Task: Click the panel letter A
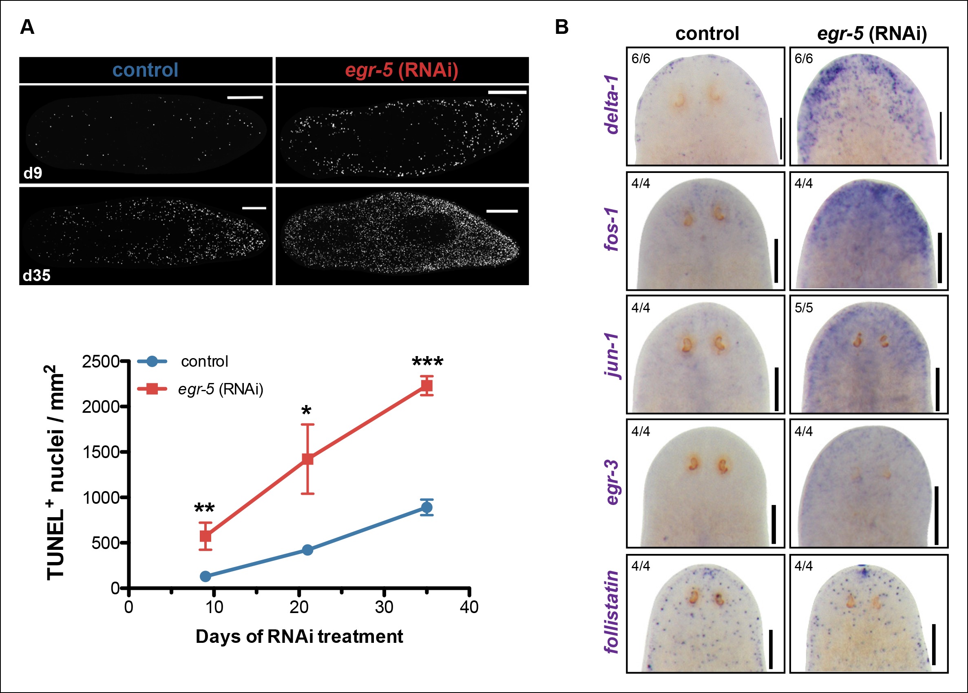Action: [x=27, y=27]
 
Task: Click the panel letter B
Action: [x=561, y=27]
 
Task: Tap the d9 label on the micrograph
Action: [x=33, y=173]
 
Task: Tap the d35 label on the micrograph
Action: [x=36, y=275]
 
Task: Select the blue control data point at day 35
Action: [x=426, y=507]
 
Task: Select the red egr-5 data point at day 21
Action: [x=307, y=459]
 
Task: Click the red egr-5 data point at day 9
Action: [x=205, y=536]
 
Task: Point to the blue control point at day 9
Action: [x=205, y=576]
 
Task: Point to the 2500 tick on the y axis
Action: [x=101, y=361]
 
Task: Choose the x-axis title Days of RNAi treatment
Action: [x=299, y=636]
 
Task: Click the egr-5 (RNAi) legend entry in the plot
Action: [x=220, y=389]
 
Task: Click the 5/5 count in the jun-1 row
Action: [x=804, y=308]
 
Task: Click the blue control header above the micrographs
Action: [x=146, y=70]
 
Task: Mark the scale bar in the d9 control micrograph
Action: [x=245, y=98]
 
